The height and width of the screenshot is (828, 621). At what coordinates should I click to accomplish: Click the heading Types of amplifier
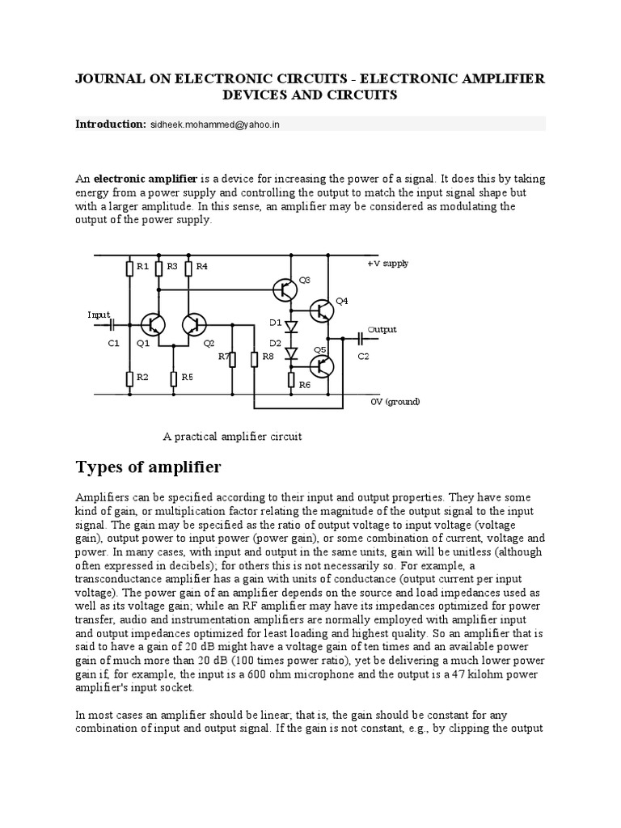coord(148,467)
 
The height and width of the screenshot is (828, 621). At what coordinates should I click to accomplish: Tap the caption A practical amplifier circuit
coord(232,437)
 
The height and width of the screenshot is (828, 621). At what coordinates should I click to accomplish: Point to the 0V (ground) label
coord(395,402)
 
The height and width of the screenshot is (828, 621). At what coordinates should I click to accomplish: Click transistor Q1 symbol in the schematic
coord(153,324)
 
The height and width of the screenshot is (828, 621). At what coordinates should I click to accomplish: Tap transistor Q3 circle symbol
coord(285,289)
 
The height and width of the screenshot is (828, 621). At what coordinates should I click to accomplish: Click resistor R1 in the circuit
coord(129,268)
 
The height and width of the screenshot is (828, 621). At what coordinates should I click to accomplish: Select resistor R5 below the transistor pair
coord(173,377)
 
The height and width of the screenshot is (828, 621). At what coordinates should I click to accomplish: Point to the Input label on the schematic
coord(99,315)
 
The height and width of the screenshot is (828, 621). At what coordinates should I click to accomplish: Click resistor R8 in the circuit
coord(254,358)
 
